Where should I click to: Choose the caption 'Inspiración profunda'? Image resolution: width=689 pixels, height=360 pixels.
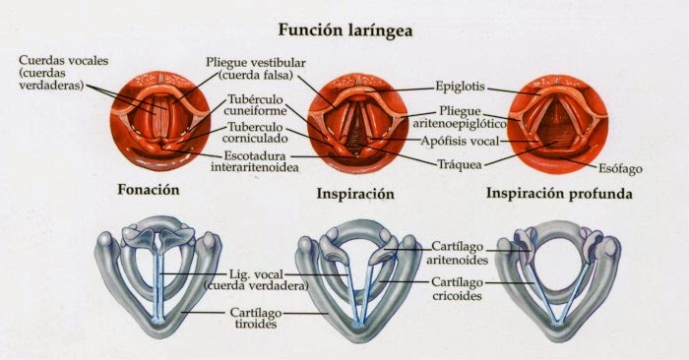[x=558, y=193]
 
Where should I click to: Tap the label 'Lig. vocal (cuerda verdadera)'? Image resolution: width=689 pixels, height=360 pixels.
[x=255, y=278]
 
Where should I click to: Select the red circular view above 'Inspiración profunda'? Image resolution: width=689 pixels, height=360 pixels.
[x=559, y=117]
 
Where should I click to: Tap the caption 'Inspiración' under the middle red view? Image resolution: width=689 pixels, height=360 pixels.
[x=354, y=193]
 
